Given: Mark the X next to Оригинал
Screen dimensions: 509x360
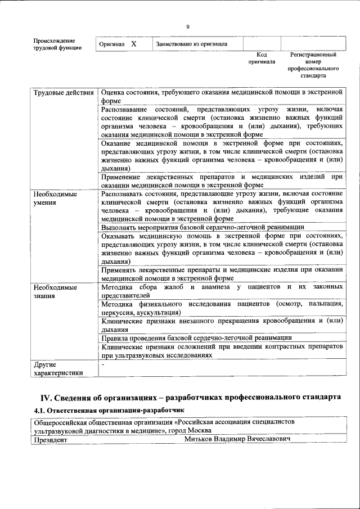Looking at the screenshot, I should coord(133,43).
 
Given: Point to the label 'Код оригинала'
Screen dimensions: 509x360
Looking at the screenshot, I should coord(262,58).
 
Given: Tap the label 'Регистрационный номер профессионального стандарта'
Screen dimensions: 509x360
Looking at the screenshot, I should coord(313,65).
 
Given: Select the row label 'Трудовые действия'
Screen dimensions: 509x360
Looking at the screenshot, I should coord(63,92).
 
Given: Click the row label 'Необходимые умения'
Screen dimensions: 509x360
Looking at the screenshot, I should coord(55,197).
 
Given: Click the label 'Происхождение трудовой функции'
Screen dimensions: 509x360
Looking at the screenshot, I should coord(57,44).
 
